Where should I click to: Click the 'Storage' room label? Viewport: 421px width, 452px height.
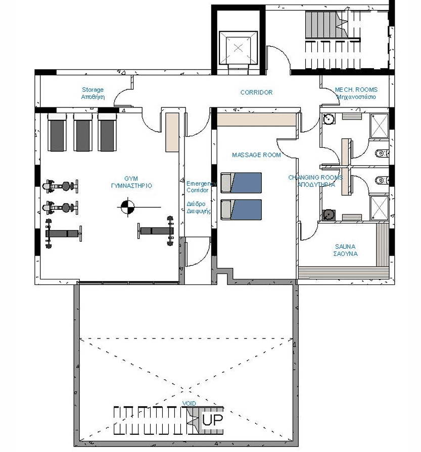[92, 90]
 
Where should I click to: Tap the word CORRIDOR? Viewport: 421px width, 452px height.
[256, 92]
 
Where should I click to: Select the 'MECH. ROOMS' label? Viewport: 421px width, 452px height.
[356, 90]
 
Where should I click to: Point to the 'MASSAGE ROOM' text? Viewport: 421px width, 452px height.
[256, 155]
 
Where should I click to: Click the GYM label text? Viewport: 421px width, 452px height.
[131, 179]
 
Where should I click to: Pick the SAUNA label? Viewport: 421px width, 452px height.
[345, 247]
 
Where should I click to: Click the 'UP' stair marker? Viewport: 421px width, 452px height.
[212, 420]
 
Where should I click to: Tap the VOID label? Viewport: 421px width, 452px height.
[189, 403]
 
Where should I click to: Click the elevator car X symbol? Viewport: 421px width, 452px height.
[238, 47]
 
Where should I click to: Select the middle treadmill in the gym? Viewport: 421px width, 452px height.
[83, 132]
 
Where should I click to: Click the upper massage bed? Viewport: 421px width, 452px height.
[241, 183]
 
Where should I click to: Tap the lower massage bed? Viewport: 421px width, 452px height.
[241, 209]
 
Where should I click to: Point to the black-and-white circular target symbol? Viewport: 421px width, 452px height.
[127, 207]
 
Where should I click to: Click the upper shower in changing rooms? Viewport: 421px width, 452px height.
[379, 126]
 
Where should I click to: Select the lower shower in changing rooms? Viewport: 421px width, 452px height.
[379, 208]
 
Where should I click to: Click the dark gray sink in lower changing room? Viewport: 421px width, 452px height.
[329, 215]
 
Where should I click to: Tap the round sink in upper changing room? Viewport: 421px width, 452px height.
[329, 119]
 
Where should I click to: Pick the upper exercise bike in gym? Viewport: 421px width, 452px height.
[60, 186]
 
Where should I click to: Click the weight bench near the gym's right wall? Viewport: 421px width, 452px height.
[156, 231]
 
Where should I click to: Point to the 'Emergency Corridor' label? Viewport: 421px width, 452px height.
[201, 187]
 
